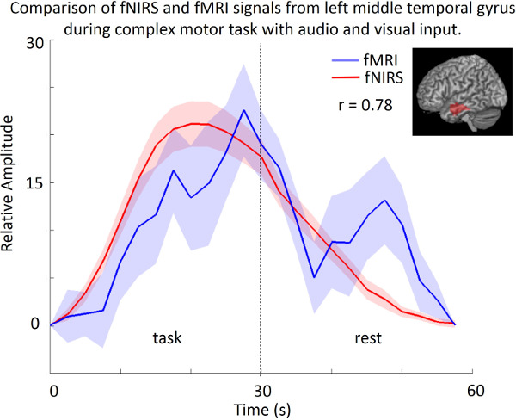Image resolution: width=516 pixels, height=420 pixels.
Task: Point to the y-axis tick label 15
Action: [32, 183]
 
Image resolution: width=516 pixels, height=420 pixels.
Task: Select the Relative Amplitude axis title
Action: [11, 182]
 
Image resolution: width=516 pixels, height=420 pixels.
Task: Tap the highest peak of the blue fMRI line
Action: [244, 110]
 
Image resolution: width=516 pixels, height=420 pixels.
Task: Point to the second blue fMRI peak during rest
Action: [385, 201]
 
